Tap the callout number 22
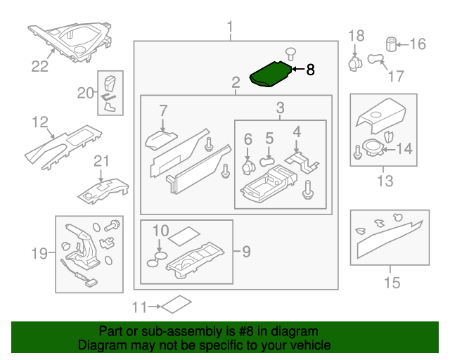(39, 67)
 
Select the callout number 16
(417, 44)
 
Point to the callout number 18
(356, 35)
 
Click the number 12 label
(39, 123)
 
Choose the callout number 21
(103, 161)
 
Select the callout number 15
(392, 283)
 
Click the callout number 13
(385, 181)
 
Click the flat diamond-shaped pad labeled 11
(175, 304)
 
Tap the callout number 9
(246, 250)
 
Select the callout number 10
(160, 230)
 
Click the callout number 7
(162, 110)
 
